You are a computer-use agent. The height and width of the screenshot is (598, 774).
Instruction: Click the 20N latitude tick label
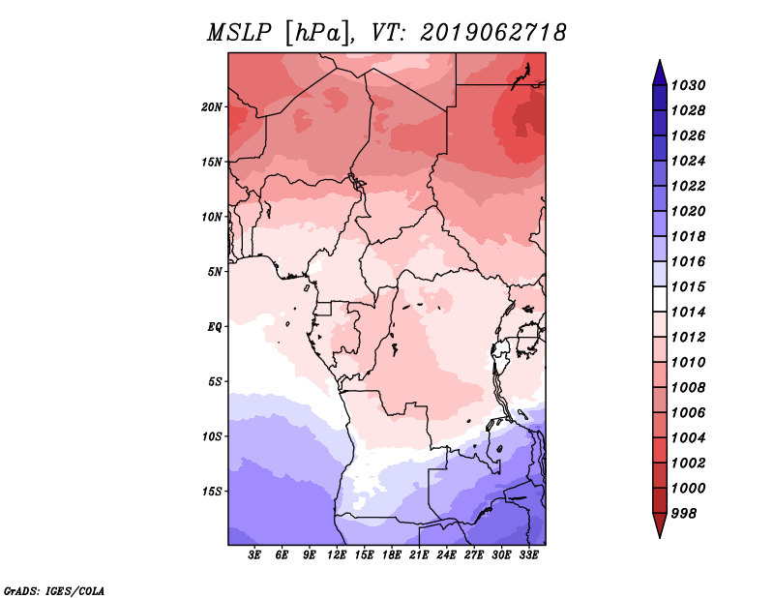coord(212,107)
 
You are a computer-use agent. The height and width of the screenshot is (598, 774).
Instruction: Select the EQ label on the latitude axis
coord(215,327)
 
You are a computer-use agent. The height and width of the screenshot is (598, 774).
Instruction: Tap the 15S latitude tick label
coord(212,492)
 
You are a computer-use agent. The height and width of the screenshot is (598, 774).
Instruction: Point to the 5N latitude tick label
coord(215,272)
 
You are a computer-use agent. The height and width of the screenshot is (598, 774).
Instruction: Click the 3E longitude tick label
coord(254,555)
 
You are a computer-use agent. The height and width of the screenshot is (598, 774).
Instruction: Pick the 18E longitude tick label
coord(392,555)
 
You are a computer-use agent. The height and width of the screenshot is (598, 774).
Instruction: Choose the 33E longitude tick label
coord(528,555)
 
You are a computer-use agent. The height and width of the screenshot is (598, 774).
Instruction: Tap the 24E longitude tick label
coord(446,555)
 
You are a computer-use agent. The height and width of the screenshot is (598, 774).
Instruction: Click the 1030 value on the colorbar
coord(688,85)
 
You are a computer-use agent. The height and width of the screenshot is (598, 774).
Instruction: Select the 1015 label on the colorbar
coord(688,286)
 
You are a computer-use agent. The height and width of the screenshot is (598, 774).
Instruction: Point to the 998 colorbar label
coord(684,514)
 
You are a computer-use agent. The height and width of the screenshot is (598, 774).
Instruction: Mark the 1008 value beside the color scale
coord(688,388)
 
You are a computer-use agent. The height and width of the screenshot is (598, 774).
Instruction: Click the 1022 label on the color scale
coord(688,186)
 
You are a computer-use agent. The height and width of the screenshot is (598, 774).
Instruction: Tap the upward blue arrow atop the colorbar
coord(660,75)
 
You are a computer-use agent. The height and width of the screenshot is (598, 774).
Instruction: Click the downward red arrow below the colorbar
coord(660,524)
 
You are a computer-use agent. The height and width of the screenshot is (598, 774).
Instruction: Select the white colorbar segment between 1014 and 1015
coord(660,299)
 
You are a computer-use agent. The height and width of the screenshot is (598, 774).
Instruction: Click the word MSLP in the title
coord(239,33)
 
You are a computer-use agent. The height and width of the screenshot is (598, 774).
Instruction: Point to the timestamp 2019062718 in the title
coord(493,33)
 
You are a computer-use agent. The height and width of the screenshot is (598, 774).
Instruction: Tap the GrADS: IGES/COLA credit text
coord(54,591)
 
